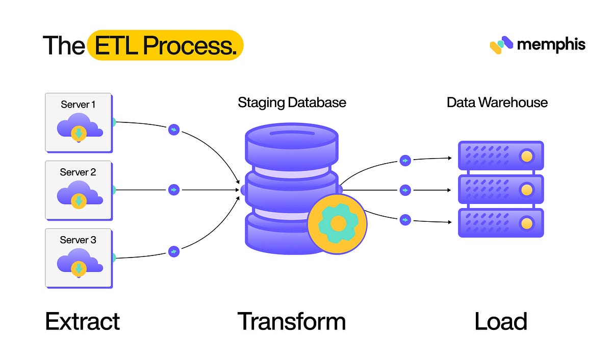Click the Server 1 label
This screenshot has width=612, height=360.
point(78,105)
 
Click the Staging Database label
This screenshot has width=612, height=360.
point(292,102)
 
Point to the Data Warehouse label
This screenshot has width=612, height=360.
point(497,102)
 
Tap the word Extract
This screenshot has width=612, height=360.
point(83,322)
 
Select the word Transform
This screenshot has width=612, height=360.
point(292,322)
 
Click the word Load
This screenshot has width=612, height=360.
point(500,322)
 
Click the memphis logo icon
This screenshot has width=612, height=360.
point(501,45)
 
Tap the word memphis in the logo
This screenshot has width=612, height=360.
point(551,45)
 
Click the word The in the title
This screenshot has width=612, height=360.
point(63,45)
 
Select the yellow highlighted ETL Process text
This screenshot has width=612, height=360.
point(165,45)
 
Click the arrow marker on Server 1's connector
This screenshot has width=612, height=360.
point(174,130)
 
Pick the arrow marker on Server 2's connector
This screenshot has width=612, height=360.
point(174,190)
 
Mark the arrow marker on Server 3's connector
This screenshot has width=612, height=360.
point(174,251)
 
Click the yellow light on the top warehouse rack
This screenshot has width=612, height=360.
point(526,156)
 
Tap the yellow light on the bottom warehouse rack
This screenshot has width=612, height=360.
point(526,223)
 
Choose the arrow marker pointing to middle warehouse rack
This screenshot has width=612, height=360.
point(405,190)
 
